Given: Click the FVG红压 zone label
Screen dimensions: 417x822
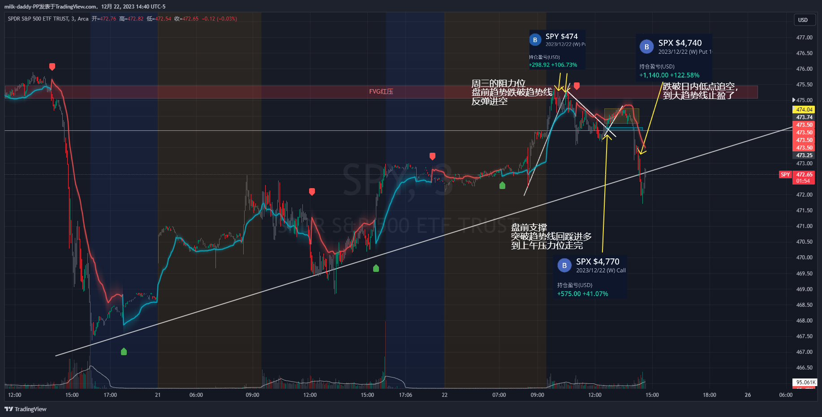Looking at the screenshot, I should tap(381, 91).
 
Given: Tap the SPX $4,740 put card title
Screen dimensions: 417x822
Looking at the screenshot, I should tap(680, 43).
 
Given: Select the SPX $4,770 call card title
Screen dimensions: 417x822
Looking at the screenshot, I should tap(598, 262).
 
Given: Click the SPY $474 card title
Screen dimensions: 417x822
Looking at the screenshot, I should tap(561, 36).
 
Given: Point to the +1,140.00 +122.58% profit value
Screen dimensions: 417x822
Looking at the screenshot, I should tap(669, 75).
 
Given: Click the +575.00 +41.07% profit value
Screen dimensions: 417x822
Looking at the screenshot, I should tap(582, 294).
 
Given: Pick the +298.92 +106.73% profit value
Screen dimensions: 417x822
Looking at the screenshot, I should tap(553, 65).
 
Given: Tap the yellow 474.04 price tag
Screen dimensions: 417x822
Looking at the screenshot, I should tap(804, 109).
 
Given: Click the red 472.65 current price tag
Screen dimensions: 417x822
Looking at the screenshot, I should tap(804, 175).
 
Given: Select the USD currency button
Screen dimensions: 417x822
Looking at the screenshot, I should tap(803, 20).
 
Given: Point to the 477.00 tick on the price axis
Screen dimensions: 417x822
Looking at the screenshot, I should tap(804, 38).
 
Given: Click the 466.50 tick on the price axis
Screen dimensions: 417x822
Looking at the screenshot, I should tap(804, 368).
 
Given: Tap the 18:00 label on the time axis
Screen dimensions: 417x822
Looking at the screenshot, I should tap(709, 395).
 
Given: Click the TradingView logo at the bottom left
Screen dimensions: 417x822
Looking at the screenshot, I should tap(26, 409).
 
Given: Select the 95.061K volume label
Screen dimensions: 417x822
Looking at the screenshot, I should tap(805, 383).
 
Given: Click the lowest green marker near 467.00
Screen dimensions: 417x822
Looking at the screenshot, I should tap(124, 352).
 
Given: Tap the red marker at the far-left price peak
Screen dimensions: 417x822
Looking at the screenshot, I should tap(52, 67).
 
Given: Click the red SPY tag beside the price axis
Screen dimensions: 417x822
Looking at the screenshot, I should tap(785, 175).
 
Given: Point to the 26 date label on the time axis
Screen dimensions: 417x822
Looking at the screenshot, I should tap(748, 395).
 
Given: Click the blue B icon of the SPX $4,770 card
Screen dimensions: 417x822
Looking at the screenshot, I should tap(564, 266).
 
